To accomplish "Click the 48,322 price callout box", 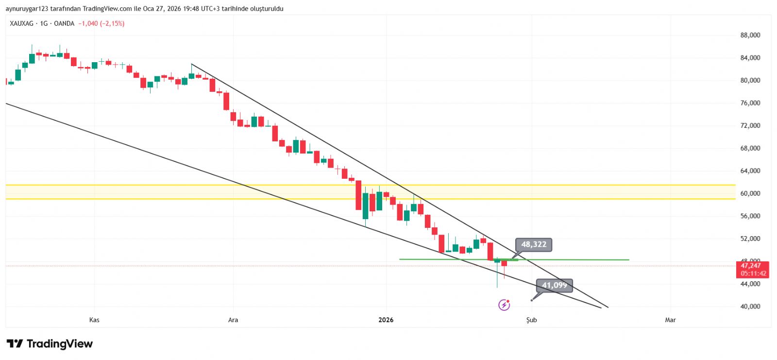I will click(x=534, y=244).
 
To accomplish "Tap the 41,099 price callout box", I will click(x=554, y=285).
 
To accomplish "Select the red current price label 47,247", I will click(x=751, y=266).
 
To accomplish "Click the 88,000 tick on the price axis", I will click(x=750, y=35).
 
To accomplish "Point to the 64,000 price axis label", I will click(x=750, y=171).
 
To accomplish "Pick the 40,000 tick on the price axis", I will click(x=750, y=307).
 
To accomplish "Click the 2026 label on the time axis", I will click(x=386, y=320).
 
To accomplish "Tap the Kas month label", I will click(x=94, y=320).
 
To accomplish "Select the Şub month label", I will click(x=532, y=320).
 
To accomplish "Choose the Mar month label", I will click(x=670, y=320).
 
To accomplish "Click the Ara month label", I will click(x=233, y=320).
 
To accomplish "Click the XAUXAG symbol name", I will click(x=22, y=23).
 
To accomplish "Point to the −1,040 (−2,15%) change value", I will click(x=101, y=23).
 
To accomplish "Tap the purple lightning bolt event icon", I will click(x=504, y=305).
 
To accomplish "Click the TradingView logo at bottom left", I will click(x=50, y=344).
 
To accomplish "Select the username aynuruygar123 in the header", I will click(x=27, y=9).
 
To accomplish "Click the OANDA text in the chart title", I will click(x=64, y=23).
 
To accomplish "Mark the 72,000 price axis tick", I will click(x=750, y=125).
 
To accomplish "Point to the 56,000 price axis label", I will click(x=750, y=216).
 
